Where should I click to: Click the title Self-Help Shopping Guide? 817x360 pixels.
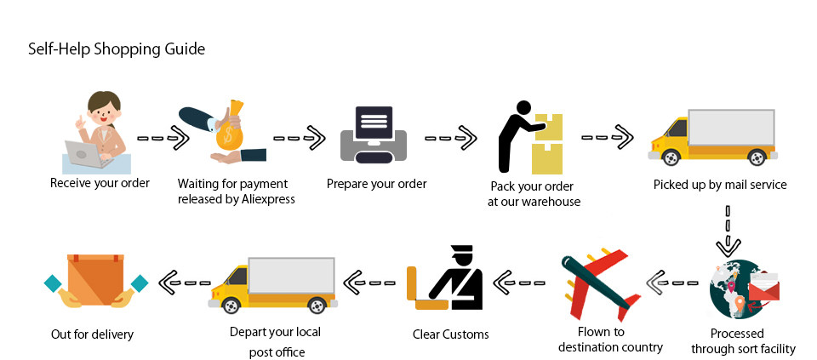coord(117,49)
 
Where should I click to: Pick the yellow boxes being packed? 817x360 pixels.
coord(547,145)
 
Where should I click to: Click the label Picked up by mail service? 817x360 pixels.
coord(720,185)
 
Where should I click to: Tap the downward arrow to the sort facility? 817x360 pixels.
coord(728,231)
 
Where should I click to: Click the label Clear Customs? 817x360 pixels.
coord(451,334)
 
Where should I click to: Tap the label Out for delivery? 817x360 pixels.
coord(92,334)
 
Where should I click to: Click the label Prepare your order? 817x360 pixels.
coord(377,184)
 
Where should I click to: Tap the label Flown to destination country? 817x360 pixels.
coord(610,340)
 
